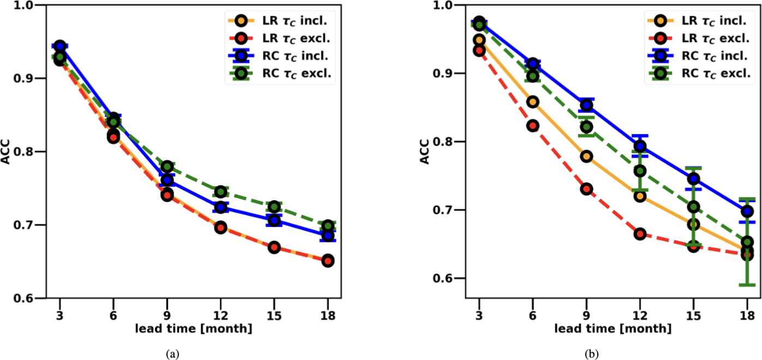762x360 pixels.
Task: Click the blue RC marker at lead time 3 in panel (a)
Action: (x=60, y=46)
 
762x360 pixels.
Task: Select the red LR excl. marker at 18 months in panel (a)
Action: (x=328, y=261)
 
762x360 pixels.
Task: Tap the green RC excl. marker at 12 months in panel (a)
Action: (x=220, y=191)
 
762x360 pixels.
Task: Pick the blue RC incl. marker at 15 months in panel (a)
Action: (x=274, y=220)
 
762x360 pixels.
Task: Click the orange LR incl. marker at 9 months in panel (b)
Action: (x=586, y=157)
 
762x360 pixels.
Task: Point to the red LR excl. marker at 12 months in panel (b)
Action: (x=640, y=234)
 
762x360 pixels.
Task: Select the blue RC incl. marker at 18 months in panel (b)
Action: (x=747, y=211)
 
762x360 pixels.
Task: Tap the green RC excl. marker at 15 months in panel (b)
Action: (x=693, y=207)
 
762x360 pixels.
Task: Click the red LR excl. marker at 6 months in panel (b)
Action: (x=532, y=126)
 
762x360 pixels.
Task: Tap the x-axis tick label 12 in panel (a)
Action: (x=220, y=316)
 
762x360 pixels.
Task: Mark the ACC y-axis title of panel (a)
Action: (x=7, y=152)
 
